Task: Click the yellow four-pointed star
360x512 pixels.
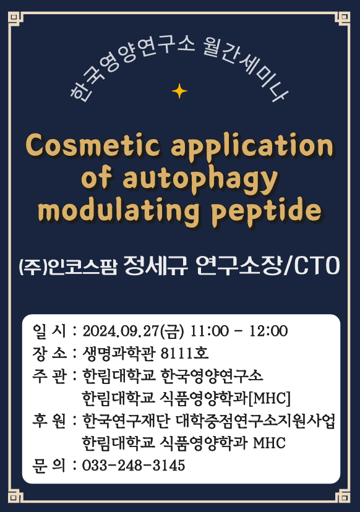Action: [x=179, y=91]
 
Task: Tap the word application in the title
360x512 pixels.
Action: [x=252, y=147]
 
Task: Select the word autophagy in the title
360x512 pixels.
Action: [x=200, y=179]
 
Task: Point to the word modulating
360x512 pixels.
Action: [x=118, y=211]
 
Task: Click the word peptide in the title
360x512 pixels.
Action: [x=266, y=211]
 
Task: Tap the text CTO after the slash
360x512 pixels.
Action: [x=317, y=265]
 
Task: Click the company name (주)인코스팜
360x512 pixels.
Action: [x=67, y=267]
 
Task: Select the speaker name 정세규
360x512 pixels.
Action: [x=156, y=265]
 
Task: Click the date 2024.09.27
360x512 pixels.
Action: [x=121, y=331]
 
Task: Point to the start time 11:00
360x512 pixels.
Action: [x=210, y=331]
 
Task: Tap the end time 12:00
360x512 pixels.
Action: [x=268, y=331]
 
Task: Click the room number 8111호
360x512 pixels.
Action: [x=184, y=353]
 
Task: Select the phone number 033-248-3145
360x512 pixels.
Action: [x=133, y=466]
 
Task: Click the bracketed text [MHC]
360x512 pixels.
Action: [x=269, y=398]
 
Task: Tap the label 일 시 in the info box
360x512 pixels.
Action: [x=49, y=331]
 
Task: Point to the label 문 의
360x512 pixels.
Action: [x=49, y=466]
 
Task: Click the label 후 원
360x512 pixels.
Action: [x=49, y=420]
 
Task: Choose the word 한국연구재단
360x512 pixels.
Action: [x=126, y=420]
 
